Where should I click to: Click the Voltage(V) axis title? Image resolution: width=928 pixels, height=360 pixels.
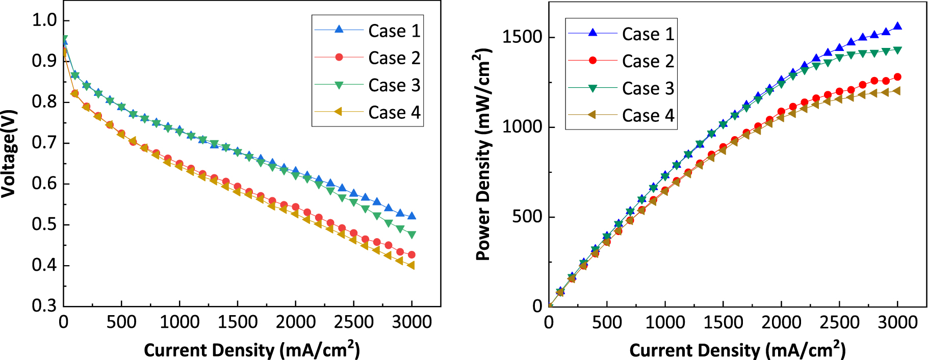pos(9,153)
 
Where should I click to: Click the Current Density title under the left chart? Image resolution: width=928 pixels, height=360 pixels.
pos(252,350)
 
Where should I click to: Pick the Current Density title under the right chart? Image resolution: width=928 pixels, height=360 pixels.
pos(737,350)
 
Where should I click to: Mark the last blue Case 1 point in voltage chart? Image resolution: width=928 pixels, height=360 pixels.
pos(411,216)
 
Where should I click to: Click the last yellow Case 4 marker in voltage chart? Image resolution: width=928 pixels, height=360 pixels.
pos(411,265)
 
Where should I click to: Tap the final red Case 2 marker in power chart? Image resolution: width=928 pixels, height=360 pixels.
pos(897,77)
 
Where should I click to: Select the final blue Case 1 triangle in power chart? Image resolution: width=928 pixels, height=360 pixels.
pos(897,26)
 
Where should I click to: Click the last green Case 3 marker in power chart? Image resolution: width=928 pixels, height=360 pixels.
pos(897,50)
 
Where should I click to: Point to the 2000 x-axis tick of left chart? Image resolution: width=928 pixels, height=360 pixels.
pos(296,322)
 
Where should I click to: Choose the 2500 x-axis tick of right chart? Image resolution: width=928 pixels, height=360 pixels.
pos(839,322)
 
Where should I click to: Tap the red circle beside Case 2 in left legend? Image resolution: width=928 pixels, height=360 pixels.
pos(339,57)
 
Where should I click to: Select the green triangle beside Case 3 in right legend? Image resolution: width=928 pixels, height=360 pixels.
pos(592,88)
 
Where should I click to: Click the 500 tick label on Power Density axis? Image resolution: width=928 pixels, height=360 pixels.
pos(527,216)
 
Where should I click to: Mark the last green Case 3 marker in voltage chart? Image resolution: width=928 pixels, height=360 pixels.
pos(411,235)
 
